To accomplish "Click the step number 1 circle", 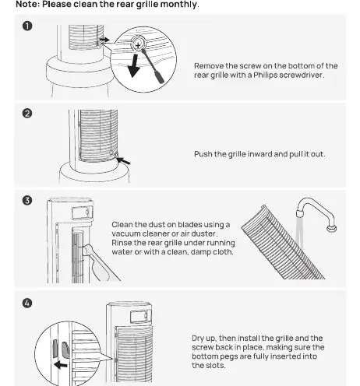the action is (x=27, y=26).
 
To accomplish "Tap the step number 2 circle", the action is (x=27, y=114).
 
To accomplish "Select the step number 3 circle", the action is (x=27, y=200).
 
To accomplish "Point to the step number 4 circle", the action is (x=27, y=303).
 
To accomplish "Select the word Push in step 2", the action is (x=203, y=154).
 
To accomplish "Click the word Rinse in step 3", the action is (x=121, y=243).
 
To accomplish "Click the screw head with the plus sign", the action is (x=138, y=45).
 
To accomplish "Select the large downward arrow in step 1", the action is (x=134, y=65).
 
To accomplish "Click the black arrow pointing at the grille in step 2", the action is (x=124, y=160).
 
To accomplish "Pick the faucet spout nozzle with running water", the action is (x=299, y=214).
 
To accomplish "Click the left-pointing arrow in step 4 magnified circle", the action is (x=61, y=365).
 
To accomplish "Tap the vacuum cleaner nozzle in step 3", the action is (x=86, y=251).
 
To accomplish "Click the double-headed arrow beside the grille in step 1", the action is (x=104, y=40).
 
